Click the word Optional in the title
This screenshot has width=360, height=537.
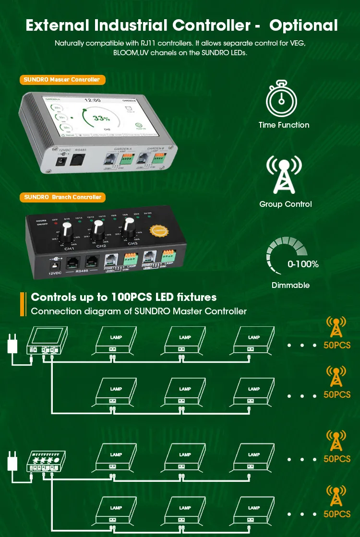coord(304,25)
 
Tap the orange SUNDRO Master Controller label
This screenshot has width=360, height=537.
coord(62,80)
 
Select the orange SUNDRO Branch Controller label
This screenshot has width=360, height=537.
coord(62,197)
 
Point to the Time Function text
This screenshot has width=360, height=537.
coord(284,125)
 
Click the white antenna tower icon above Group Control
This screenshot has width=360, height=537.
coord(284,174)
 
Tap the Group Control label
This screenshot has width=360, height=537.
coord(285,204)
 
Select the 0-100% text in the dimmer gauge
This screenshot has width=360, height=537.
coord(303,264)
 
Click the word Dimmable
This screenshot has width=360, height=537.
coord(290,286)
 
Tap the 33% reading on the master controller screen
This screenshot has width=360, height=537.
coord(101,119)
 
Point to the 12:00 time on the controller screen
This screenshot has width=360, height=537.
coord(92,101)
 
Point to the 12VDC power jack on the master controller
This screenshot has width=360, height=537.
coord(61,161)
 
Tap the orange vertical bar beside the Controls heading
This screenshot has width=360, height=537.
coord(23,304)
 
